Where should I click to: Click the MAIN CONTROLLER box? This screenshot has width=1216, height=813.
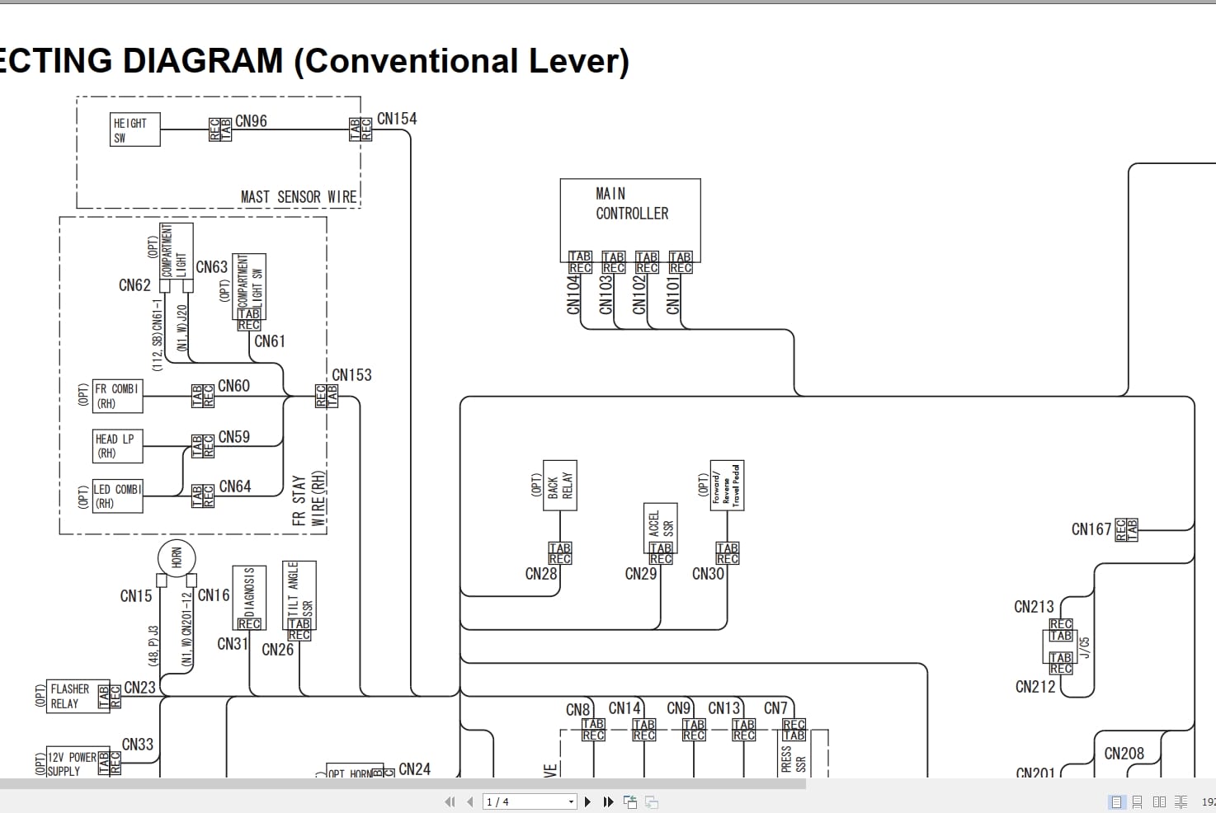pyautogui.click(x=630, y=213)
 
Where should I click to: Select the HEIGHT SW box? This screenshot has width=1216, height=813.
pyautogui.click(x=134, y=130)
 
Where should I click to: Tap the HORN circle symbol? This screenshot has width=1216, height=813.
pyautogui.click(x=176, y=558)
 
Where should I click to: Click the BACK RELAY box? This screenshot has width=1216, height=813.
pyautogui.click(x=559, y=486)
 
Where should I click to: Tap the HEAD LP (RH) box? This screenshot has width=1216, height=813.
pyautogui.click(x=117, y=446)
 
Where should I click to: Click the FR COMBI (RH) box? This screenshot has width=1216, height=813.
pyautogui.click(x=117, y=397)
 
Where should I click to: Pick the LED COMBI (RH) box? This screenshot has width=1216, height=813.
pyautogui.click(x=117, y=496)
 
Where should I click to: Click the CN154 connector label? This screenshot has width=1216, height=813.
pyautogui.click(x=397, y=119)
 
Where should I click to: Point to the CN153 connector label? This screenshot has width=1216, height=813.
pyautogui.click(x=351, y=375)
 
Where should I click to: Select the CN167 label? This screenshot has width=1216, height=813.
pyautogui.click(x=1091, y=529)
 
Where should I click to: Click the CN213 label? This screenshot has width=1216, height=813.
pyautogui.click(x=1034, y=607)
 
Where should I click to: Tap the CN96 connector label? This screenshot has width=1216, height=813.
pyautogui.click(x=251, y=121)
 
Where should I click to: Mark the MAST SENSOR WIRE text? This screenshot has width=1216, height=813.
pyautogui.click(x=299, y=197)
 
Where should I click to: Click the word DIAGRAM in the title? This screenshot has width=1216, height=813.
pyautogui.click(x=202, y=61)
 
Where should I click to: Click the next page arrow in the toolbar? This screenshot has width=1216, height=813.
pyautogui.click(x=587, y=801)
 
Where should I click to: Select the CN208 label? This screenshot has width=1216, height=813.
pyautogui.click(x=1124, y=754)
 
